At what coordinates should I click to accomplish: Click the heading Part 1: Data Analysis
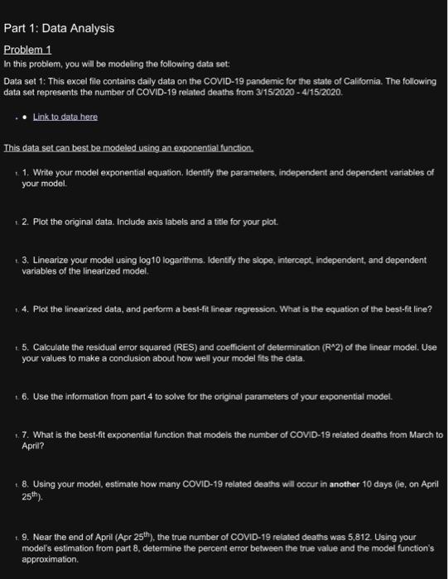point(59,28)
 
